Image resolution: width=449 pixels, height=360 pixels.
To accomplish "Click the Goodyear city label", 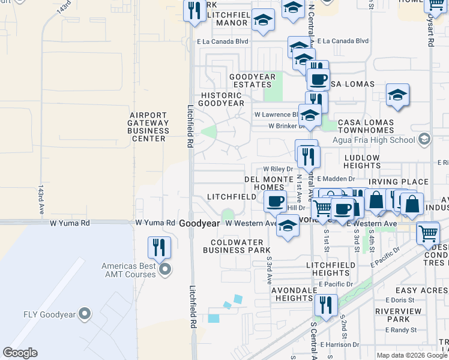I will [199, 223].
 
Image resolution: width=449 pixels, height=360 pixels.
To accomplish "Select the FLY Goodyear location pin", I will [85, 313].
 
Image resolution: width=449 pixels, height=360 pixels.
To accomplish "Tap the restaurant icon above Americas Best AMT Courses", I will [159, 247].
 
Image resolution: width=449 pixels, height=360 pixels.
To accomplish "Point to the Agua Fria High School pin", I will [424, 140].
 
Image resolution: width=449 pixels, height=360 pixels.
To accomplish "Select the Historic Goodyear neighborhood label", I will [222, 99].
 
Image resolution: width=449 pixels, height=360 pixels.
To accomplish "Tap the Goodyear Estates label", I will [252, 80].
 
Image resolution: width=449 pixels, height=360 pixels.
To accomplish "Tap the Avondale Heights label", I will [283, 294].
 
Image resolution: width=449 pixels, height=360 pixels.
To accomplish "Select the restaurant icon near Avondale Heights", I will [326, 304].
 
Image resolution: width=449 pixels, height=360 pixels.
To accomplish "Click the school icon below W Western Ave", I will [288, 227].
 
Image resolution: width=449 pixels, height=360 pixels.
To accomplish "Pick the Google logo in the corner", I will [20, 353].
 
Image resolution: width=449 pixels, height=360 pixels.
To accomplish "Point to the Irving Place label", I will [399, 182].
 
